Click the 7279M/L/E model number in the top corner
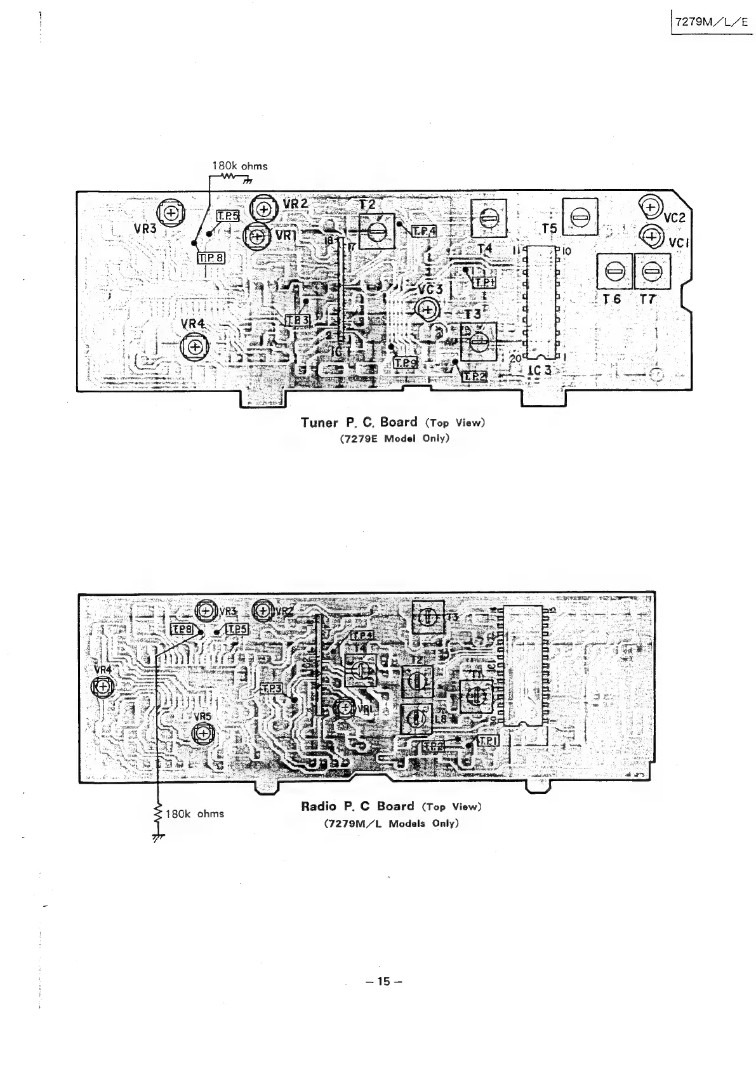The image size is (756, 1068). [711, 21]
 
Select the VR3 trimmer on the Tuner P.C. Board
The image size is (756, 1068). [170, 213]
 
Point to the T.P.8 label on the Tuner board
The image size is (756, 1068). [211, 258]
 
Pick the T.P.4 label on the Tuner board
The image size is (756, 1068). [425, 231]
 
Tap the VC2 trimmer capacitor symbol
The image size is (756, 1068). [649, 206]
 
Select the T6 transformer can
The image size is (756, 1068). [613, 271]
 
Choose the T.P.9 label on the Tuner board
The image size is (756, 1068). [405, 363]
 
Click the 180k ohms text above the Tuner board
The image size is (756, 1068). [239, 166]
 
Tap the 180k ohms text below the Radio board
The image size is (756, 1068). [194, 814]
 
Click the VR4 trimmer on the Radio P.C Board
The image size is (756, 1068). [102, 686]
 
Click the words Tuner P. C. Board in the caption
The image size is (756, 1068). [359, 422]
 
